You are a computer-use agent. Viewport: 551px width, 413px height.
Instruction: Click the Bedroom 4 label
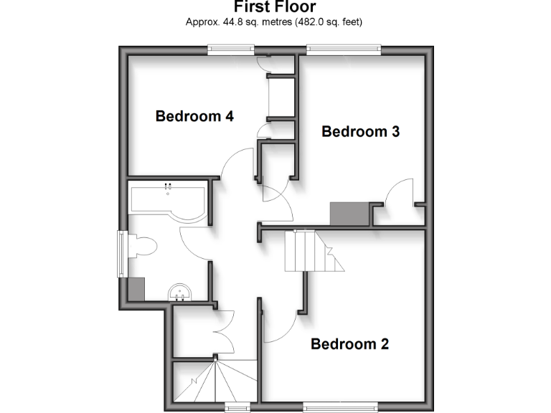coord(194,115)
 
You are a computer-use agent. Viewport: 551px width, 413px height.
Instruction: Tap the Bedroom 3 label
coord(360,131)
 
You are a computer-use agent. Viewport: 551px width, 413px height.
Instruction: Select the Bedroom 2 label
coord(349,344)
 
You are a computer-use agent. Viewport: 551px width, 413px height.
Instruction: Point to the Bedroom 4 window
coord(232,49)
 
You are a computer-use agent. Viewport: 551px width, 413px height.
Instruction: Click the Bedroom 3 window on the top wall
coord(343,49)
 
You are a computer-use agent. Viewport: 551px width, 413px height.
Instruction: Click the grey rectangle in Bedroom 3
coord(349,214)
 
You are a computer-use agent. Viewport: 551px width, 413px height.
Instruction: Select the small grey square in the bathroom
coord(136,288)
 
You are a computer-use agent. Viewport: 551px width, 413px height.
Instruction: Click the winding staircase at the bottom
coord(215,380)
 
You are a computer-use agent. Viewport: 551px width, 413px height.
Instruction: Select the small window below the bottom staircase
coord(237,407)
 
